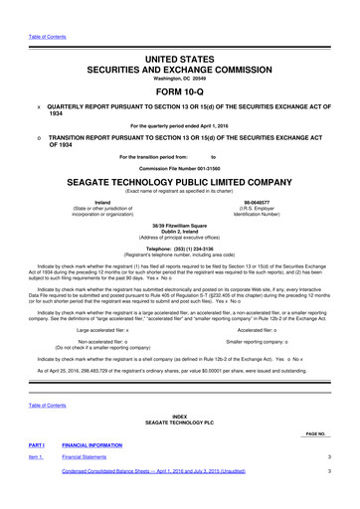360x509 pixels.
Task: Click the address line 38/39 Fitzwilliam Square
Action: coord(179,224)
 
